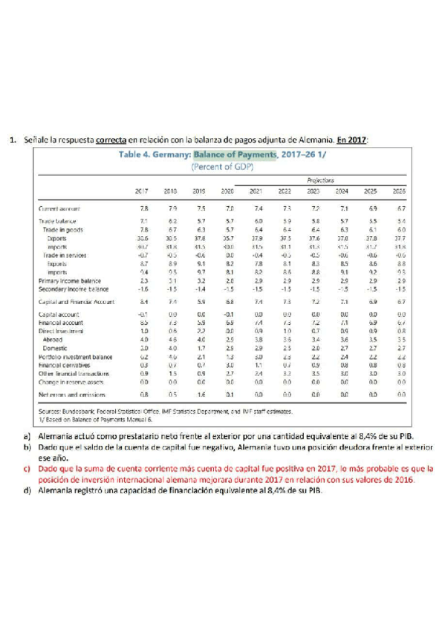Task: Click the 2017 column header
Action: tap(143, 191)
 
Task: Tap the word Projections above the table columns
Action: tap(320, 180)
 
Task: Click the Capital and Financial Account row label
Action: tap(76, 303)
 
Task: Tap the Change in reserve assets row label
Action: tap(71, 381)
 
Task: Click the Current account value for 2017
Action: tap(143, 210)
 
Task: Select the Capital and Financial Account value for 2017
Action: tap(143, 303)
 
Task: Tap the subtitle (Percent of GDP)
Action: tap(223, 168)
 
